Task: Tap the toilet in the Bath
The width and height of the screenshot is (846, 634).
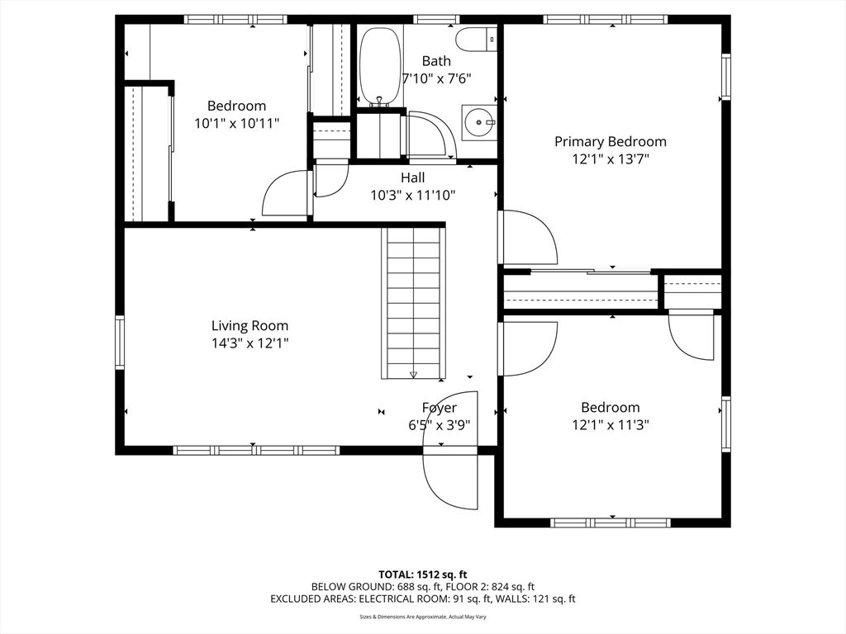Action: pyautogui.click(x=477, y=38)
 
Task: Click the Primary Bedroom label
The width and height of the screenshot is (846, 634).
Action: pyautogui.click(x=610, y=141)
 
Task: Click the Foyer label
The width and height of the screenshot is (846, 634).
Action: pyautogui.click(x=439, y=408)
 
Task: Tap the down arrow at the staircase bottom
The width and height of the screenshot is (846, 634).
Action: pyautogui.click(x=414, y=375)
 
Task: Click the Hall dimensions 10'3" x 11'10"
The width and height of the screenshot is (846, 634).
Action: pyautogui.click(x=413, y=195)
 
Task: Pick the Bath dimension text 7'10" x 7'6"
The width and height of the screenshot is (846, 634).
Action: pyautogui.click(x=436, y=78)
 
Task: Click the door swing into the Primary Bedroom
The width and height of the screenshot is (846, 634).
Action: pyautogui.click(x=528, y=238)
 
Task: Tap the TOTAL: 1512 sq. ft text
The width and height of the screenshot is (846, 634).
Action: pyautogui.click(x=423, y=574)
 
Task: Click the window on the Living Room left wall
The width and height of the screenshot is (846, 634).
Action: pyautogui.click(x=120, y=343)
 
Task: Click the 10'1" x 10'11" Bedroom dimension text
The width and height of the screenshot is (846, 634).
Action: pyautogui.click(x=236, y=123)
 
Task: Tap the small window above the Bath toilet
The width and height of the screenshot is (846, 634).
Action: pyautogui.click(x=437, y=19)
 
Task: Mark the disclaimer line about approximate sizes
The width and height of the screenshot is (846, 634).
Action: pyautogui.click(x=423, y=617)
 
